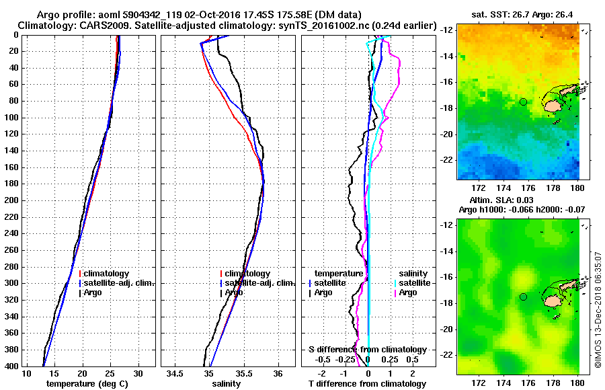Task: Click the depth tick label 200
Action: coord(11,200)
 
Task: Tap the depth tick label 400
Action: coord(11,366)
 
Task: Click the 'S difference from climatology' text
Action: coord(368,350)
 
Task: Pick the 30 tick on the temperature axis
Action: coord(138,373)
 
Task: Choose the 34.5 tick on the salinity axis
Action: coord(176,373)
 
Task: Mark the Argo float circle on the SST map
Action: coord(523,102)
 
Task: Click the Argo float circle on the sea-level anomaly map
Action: coord(523,297)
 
